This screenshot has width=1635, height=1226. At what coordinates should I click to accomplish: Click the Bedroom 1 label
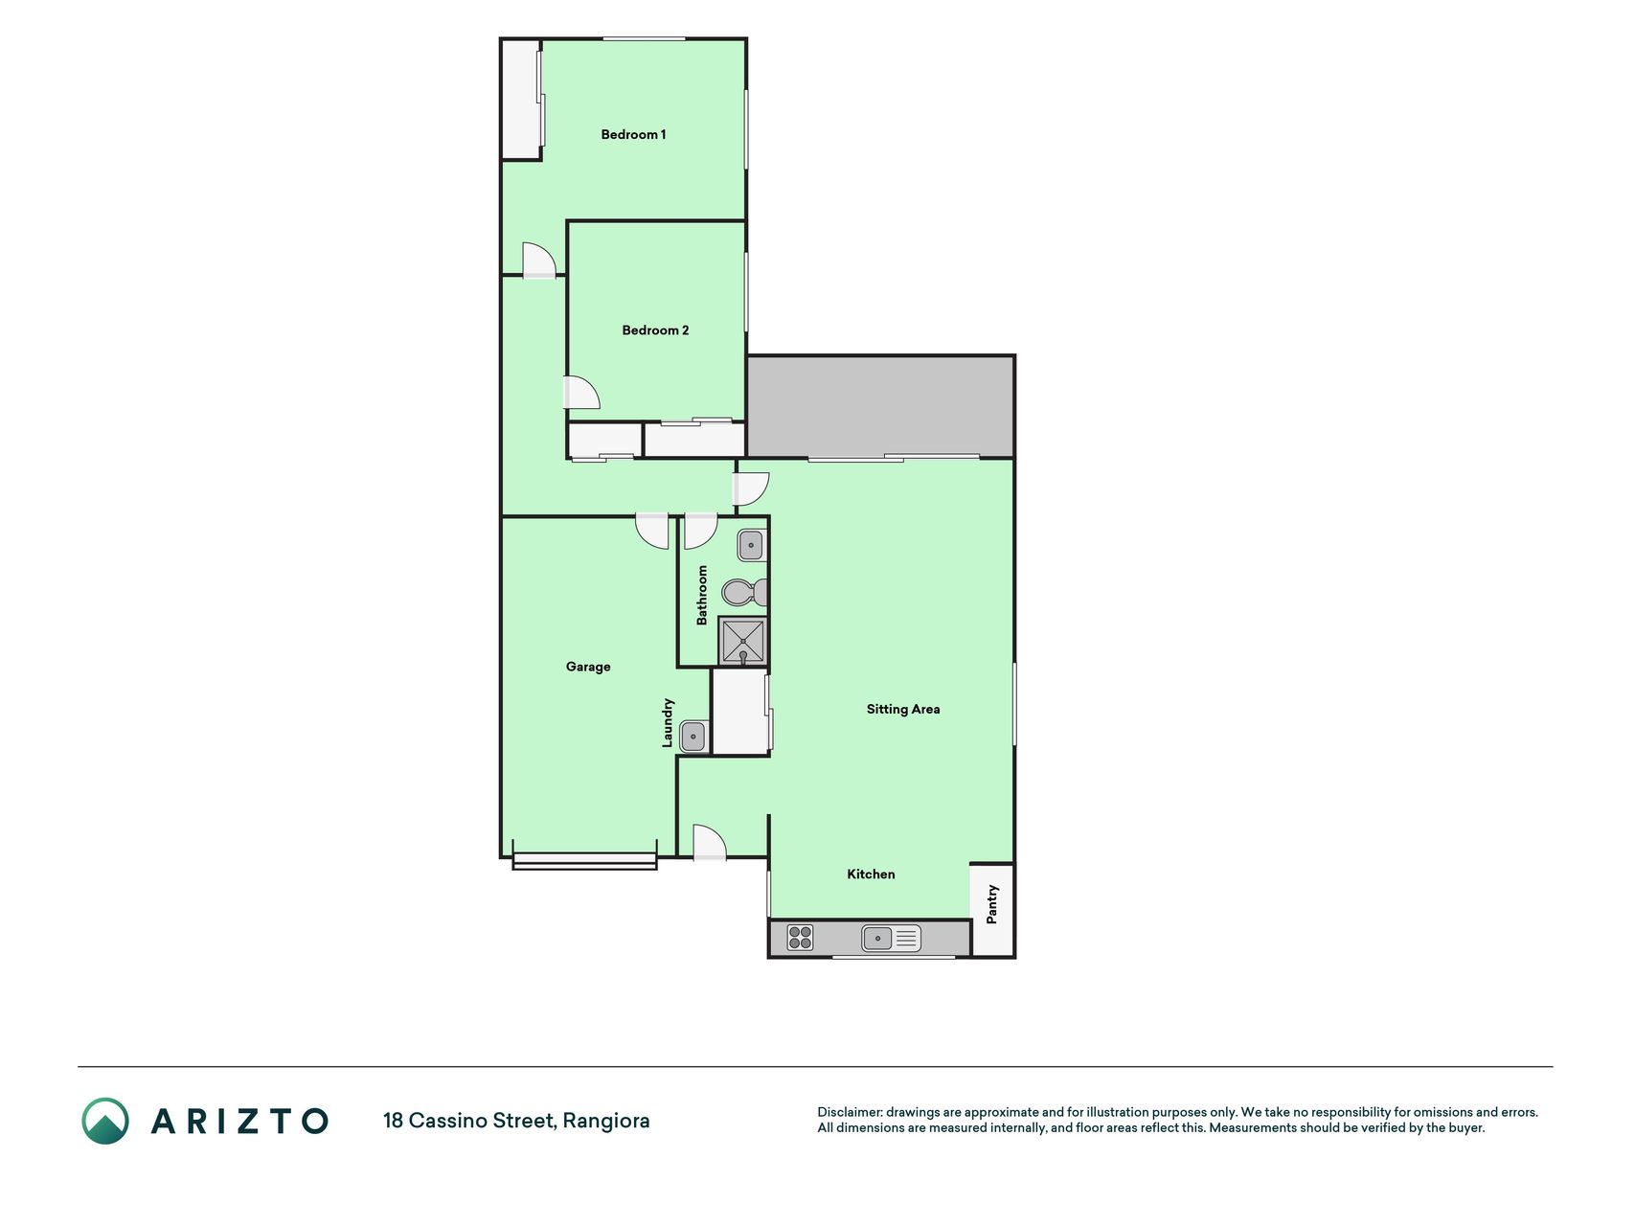click(x=633, y=135)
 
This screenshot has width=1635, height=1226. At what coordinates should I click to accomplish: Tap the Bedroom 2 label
click(x=655, y=330)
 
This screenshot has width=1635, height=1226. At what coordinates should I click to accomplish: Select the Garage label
click(x=588, y=667)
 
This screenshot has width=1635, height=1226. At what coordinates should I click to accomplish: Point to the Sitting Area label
click(x=903, y=710)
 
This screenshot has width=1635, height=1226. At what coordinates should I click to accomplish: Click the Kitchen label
click(x=871, y=874)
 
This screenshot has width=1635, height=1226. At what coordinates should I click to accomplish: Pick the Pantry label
click(x=992, y=904)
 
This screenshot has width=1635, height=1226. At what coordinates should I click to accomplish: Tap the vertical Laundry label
click(x=669, y=722)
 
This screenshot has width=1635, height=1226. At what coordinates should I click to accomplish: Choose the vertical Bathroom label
click(x=702, y=595)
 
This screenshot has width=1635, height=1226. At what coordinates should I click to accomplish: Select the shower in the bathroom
click(x=743, y=642)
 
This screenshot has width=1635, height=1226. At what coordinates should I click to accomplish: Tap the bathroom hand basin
click(x=751, y=546)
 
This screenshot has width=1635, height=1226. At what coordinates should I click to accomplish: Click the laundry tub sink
click(x=693, y=737)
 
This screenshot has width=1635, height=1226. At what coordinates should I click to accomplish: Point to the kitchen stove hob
click(x=800, y=938)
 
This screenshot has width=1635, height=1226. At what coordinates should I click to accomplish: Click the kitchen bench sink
click(x=891, y=938)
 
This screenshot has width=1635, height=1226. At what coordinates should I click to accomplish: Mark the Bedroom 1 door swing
click(x=538, y=261)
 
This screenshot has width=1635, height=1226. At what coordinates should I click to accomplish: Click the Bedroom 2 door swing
click(x=581, y=394)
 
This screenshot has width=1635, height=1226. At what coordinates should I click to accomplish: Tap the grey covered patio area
click(x=880, y=407)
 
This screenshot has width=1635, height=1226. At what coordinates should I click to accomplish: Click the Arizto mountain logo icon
click(x=105, y=1121)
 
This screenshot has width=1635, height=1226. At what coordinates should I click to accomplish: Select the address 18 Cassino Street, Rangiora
click(x=516, y=1121)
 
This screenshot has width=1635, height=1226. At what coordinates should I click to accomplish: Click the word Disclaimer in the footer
click(x=849, y=1112)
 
